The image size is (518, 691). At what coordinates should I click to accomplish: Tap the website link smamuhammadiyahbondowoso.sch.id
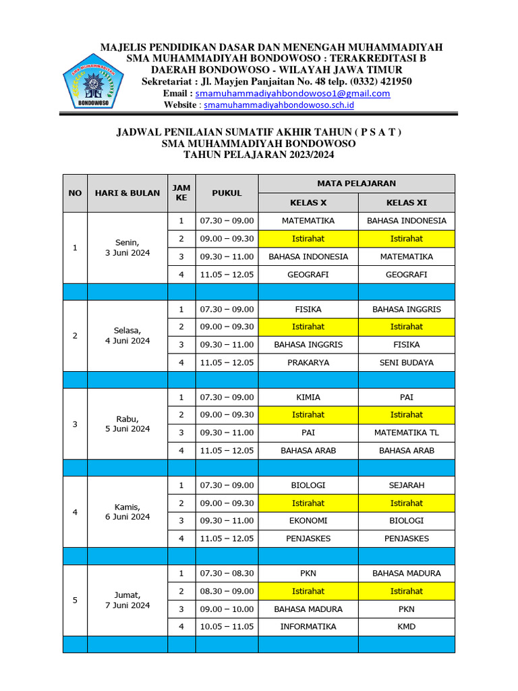point(279,105)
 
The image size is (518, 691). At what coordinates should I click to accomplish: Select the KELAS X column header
point(308,202)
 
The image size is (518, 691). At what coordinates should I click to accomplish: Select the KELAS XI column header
point(406,202)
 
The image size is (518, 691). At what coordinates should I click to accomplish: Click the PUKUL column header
point(227,193)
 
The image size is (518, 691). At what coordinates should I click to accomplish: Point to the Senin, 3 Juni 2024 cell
point(127,248)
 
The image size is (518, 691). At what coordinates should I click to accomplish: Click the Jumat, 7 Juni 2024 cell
point(127,600)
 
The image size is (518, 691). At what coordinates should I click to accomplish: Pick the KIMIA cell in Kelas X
point(308,397)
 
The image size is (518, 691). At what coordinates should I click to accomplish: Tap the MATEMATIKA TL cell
point(406,433)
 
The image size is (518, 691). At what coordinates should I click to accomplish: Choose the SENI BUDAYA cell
point(406,362)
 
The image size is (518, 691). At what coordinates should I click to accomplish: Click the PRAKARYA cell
point(308,362)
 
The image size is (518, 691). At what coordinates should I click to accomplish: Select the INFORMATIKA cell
point(308,626)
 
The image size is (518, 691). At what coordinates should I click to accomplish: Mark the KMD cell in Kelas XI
point(406,626)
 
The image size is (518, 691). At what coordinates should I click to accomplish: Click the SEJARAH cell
point(406,485)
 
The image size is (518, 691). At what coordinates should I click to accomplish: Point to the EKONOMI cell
point(308,520)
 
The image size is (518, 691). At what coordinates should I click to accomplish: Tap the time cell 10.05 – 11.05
point(227,626)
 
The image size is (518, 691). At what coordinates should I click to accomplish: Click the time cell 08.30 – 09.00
point(227,591)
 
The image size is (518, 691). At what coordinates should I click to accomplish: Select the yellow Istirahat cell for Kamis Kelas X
point(308,503)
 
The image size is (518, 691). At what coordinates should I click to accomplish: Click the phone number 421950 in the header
point(393,82)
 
